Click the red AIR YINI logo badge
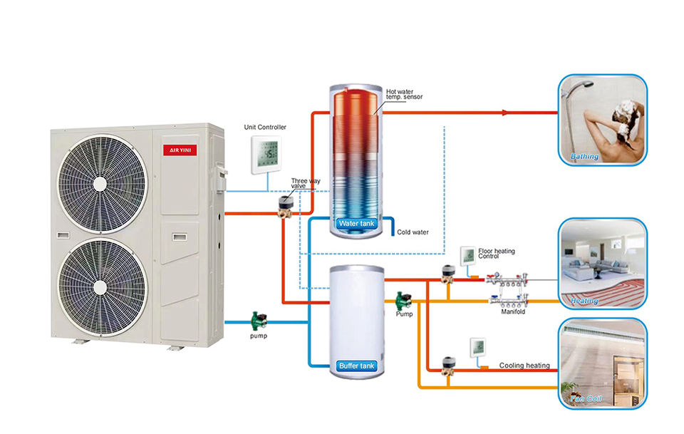(x=174, y=150)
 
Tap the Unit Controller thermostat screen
(x=269, y=153)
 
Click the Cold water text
(x=413, y=232)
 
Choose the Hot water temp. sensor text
(x=404, y=94)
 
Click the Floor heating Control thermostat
(x=467, y=254)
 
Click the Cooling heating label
(x=524, y=366)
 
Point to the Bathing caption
(x=585, y=156)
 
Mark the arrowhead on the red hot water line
(x=504, y=113)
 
